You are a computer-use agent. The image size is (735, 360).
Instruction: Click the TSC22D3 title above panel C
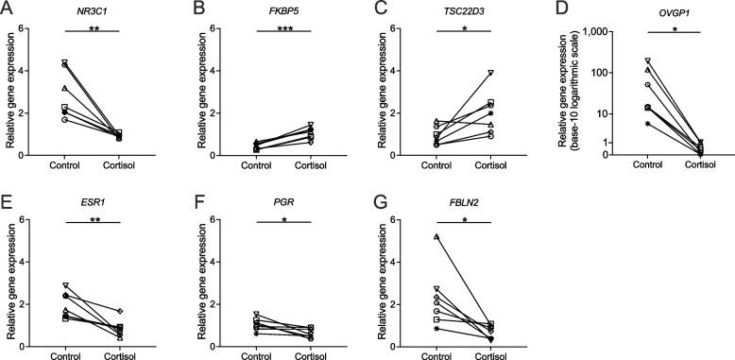click(455, 10)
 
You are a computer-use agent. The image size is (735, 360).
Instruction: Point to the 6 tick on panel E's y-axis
click(26, 220)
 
